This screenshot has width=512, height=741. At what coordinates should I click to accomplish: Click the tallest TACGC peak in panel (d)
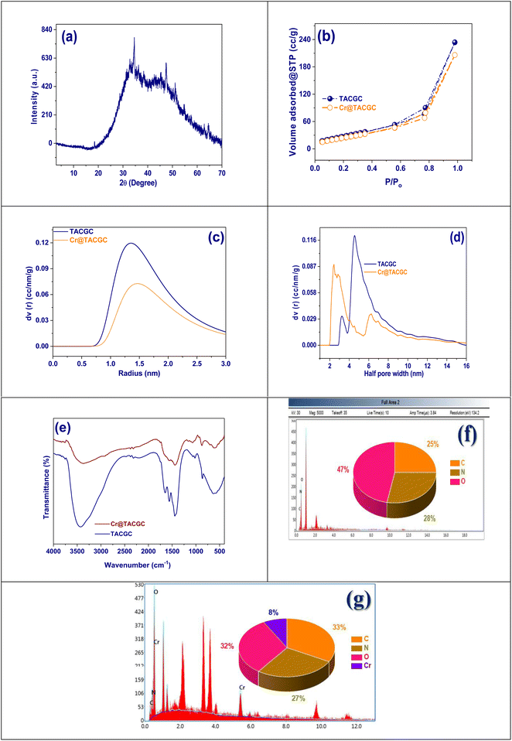tap(354, 236)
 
